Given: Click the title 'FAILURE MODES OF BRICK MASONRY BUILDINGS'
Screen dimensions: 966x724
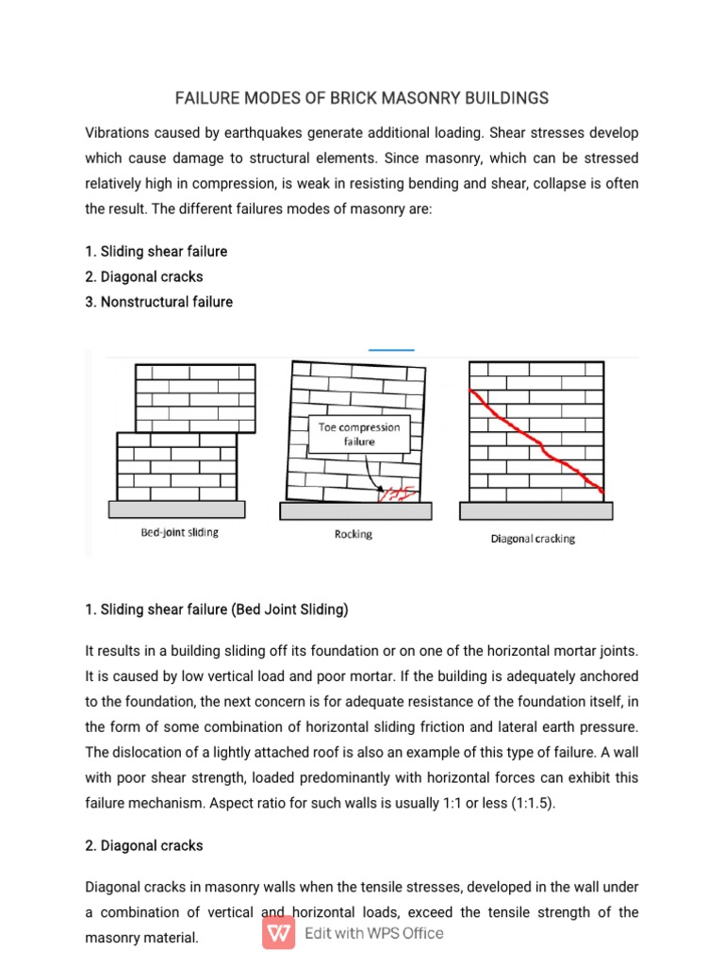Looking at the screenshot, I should (x=362, y=98).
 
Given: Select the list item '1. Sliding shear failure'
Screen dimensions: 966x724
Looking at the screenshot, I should (x=156, y=252).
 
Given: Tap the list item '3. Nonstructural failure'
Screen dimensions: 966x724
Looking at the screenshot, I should (x=158, y=302).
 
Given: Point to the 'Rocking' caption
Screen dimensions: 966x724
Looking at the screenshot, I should (x=354, y=534).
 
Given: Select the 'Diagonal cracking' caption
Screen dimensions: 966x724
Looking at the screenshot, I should (x=533, y=540).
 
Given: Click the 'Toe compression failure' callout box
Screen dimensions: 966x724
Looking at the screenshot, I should (x=359, y=434).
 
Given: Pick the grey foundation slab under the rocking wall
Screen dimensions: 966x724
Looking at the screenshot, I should (x=355, y=510).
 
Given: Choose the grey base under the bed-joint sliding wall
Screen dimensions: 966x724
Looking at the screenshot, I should (x=177, y=508).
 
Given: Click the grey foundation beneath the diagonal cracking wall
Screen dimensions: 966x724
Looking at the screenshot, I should (x=535, y=510).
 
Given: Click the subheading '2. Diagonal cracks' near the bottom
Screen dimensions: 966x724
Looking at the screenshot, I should (x=143, y=845).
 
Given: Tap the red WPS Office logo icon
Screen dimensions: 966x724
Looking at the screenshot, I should (x=280, y=933).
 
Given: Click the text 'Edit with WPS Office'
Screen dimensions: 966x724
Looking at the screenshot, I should (x=373, y=933).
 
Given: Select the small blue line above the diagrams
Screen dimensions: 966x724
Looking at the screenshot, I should (x=391, y=350).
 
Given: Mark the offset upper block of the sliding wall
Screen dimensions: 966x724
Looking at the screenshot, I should (x=195, y=396).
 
